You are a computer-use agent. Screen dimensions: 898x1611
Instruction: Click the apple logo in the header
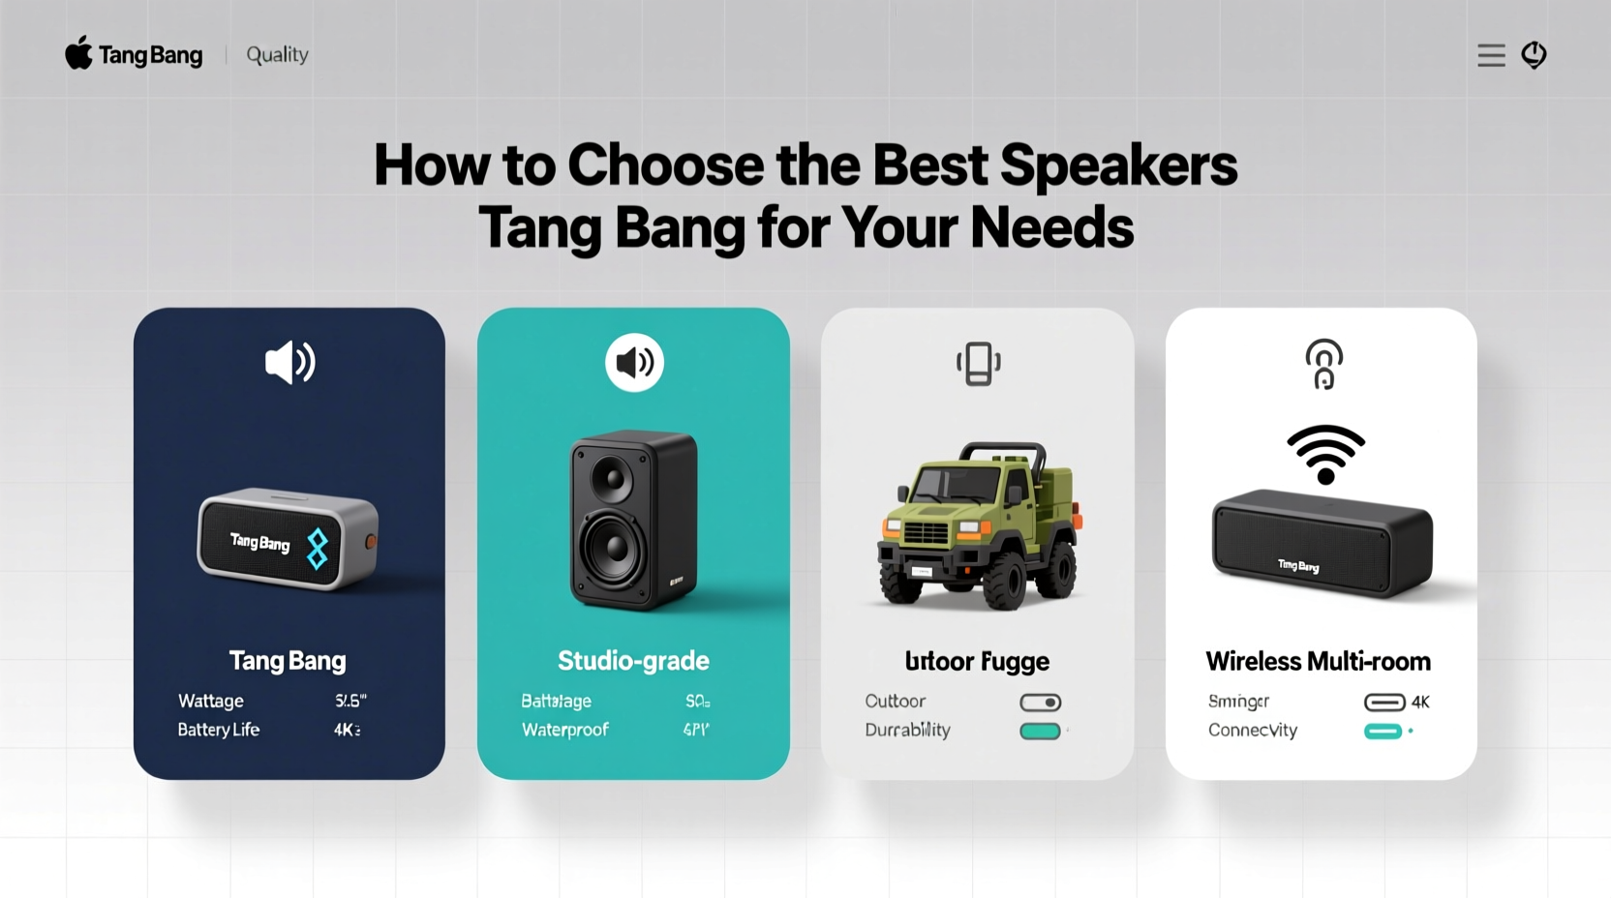78,53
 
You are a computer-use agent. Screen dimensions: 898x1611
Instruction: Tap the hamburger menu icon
1491,55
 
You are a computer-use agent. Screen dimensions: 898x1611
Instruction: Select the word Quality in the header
277,55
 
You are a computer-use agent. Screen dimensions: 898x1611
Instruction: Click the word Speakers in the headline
1118,165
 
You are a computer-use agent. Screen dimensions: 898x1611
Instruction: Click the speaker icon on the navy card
289,363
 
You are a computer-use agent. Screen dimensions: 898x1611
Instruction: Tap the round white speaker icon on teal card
634,363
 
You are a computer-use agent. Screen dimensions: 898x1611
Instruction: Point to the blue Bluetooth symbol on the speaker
318,548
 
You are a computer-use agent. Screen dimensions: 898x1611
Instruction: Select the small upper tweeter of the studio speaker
612,478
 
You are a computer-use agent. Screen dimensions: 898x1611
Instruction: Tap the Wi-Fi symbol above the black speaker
1325,454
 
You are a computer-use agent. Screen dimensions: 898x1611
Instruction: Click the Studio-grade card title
633,661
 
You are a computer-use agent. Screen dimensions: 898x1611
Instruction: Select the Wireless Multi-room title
1318,662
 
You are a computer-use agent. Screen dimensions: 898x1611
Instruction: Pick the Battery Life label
218,730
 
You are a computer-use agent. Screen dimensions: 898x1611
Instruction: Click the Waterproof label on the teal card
564,730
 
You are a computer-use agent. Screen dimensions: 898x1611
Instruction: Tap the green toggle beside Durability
1040,732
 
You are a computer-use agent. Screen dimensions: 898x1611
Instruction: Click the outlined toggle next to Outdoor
1040,703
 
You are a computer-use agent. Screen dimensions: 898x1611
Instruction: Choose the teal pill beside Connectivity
1383,732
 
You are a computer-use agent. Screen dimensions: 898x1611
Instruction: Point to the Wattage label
210,701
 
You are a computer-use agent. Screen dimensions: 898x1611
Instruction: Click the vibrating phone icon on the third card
978,364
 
